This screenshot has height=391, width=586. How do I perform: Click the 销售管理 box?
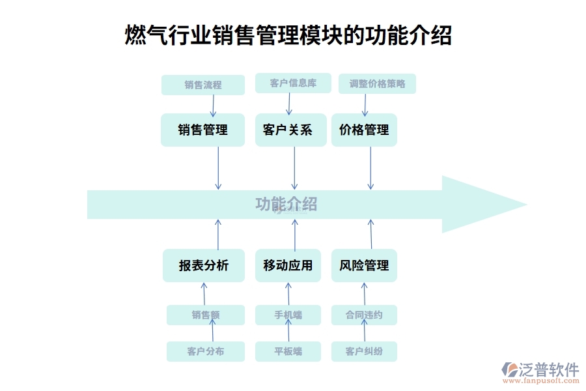coord(202,130)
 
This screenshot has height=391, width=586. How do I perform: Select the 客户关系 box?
coord(288,130)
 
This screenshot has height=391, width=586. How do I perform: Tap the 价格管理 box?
coord(364,130)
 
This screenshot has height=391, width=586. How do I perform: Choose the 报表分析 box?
coord(203,265)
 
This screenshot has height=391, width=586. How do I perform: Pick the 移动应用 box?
coord(288,265)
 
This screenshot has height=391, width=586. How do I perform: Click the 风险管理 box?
coord(364,265)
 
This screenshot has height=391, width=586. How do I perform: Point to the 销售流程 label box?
coord(202,85)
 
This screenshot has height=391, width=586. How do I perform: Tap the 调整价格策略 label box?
coord(377,83)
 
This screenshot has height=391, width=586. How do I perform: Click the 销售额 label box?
coord(205,315)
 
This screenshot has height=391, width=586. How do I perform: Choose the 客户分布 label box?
coord(205,351)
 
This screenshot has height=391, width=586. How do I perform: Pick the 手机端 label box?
coord(288,315)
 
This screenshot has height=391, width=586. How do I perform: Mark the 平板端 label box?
coord(288,351)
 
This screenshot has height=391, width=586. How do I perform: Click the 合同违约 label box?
coord(364,315)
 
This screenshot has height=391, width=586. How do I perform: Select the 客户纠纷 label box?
coord(364,351)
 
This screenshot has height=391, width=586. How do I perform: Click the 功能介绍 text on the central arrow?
coord(286,204)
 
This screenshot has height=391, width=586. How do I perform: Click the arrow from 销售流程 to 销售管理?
coord(212,104)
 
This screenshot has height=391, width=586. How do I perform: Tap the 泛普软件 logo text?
coord(549,369)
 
